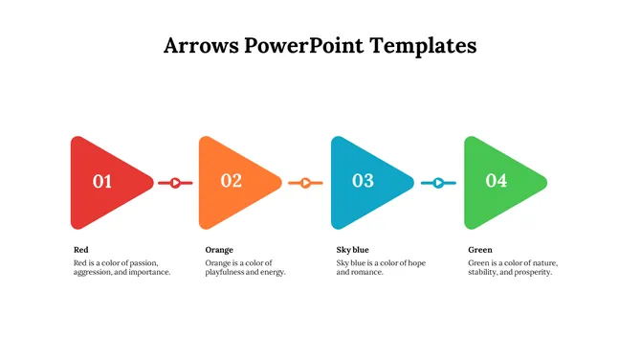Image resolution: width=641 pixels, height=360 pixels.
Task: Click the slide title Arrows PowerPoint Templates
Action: [x=320, y=45]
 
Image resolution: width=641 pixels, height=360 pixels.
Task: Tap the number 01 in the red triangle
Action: [x=102, y=181]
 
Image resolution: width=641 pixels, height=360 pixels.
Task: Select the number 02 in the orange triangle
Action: [x=232, y=180]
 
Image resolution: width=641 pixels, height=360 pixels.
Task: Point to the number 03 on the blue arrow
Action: [x=363, y=180]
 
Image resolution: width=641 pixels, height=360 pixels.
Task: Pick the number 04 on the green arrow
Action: [x=496, y=180]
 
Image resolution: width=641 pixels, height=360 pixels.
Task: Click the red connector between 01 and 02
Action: [x=175, y=182]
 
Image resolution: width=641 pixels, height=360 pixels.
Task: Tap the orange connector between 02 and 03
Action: [x=306, y=182]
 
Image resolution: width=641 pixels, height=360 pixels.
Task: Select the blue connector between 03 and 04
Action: [x=438, y=182]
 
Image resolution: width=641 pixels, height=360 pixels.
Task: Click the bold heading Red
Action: [x=81, y=250]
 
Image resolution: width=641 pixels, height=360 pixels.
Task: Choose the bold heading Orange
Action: [x=219, y=250]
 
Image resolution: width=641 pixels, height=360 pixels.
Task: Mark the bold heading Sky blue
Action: [x=352, y=250]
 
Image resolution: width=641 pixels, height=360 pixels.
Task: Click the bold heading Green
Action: [x=480, y=250]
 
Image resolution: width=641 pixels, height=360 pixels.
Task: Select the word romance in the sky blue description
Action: [x=366, y=273]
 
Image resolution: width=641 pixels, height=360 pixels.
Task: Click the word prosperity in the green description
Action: [x=533, y=273]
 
